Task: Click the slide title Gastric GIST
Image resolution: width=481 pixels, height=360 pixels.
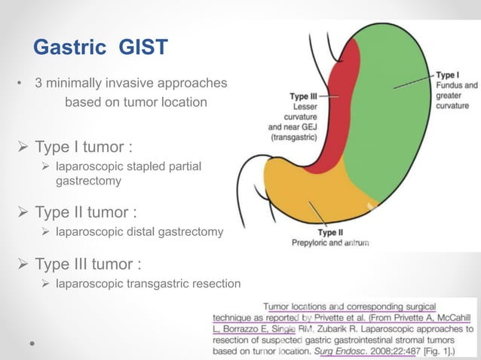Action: click(x=101, y=48)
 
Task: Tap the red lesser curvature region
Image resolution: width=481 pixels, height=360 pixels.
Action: click(x=336, y=128)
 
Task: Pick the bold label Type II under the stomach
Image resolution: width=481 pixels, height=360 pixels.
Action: click(x=332, y=233)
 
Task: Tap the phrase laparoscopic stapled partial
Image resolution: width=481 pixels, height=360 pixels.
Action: click(x=129, y=166)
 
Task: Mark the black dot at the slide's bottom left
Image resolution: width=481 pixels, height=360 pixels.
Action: click(x=32, y=341)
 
